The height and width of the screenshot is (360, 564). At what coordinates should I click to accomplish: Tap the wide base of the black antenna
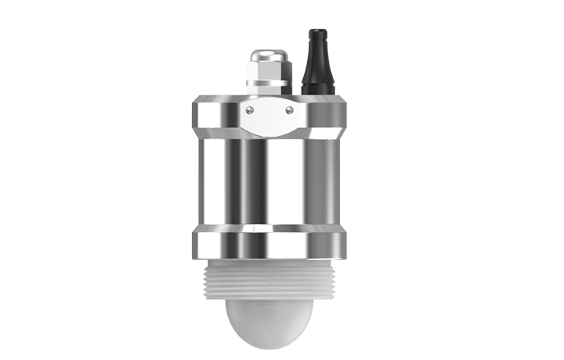315,86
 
